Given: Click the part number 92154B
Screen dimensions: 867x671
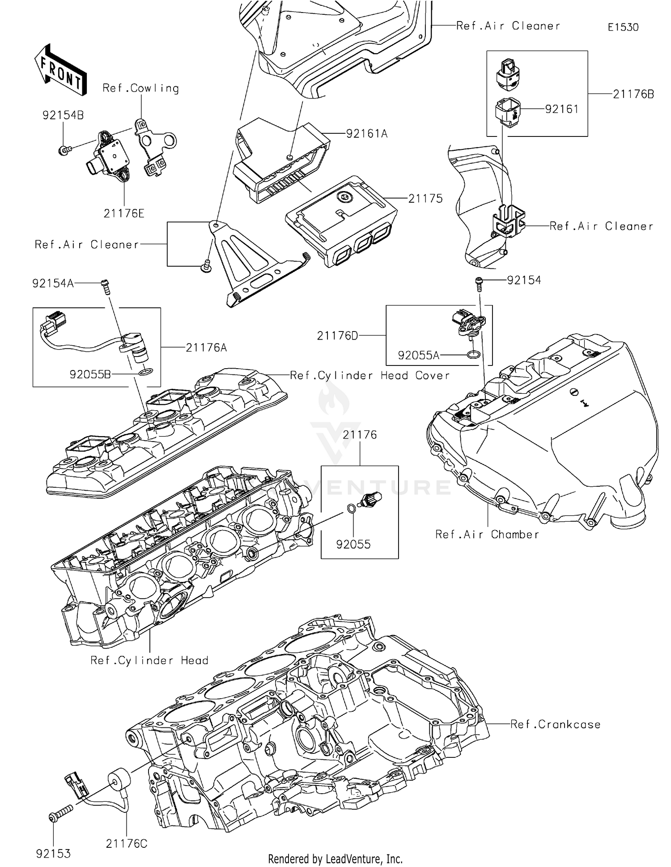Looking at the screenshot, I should click(x=63, y=115).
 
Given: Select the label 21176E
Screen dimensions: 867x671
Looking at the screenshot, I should click(x=124, y=214).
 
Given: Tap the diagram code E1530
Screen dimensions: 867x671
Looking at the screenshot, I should click(x=623, y=27).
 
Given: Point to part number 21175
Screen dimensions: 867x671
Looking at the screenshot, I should click(x=425, y=199).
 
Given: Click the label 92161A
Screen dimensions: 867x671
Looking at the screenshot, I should click(x=366, y=134).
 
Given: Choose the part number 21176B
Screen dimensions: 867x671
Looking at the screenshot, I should click(x=633, y=94).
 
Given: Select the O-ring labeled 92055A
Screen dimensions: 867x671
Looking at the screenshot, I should click(x=474, y=355).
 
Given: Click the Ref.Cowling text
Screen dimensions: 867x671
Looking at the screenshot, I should click(x=140, y=88).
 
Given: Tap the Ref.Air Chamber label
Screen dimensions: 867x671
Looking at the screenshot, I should click(x=487, y=535).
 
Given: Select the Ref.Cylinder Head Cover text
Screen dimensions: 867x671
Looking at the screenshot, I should click(x=369, y=375).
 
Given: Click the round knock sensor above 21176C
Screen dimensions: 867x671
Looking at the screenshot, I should click(x=119, y=779).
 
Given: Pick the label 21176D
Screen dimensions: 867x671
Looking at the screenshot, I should click(x=337, y=336).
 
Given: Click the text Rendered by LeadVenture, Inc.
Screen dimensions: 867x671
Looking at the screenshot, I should click(x=335, y=858).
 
